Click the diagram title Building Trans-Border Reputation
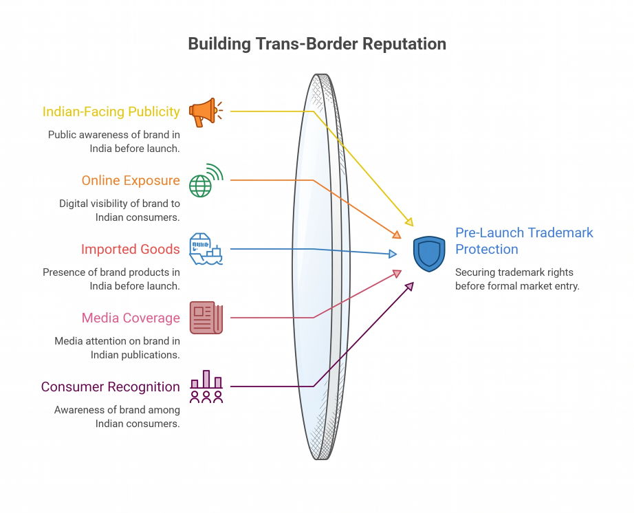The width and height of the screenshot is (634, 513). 317,43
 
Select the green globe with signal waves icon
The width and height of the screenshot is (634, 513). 206,180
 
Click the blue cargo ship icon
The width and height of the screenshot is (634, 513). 206,249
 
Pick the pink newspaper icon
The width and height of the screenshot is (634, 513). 206,318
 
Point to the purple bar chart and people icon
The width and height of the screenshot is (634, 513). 206,386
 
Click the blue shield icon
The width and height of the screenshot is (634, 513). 429,254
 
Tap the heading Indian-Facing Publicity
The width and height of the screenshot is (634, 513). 111,111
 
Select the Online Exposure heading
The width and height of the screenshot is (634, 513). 131,180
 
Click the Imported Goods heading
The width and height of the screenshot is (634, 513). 130,249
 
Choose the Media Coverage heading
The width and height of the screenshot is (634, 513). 131,318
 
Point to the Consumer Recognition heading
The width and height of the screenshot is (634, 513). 111,386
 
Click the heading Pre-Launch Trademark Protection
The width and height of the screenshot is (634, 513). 524,241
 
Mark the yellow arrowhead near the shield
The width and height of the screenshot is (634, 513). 410,222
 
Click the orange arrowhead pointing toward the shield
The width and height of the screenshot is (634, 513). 397,234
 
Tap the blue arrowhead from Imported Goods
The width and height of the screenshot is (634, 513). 393,254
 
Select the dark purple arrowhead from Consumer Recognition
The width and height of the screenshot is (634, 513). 410,286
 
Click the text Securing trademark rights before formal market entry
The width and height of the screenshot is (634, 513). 517,279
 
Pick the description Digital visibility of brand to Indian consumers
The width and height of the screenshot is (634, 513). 119,210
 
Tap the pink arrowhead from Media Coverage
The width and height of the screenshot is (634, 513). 397,274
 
